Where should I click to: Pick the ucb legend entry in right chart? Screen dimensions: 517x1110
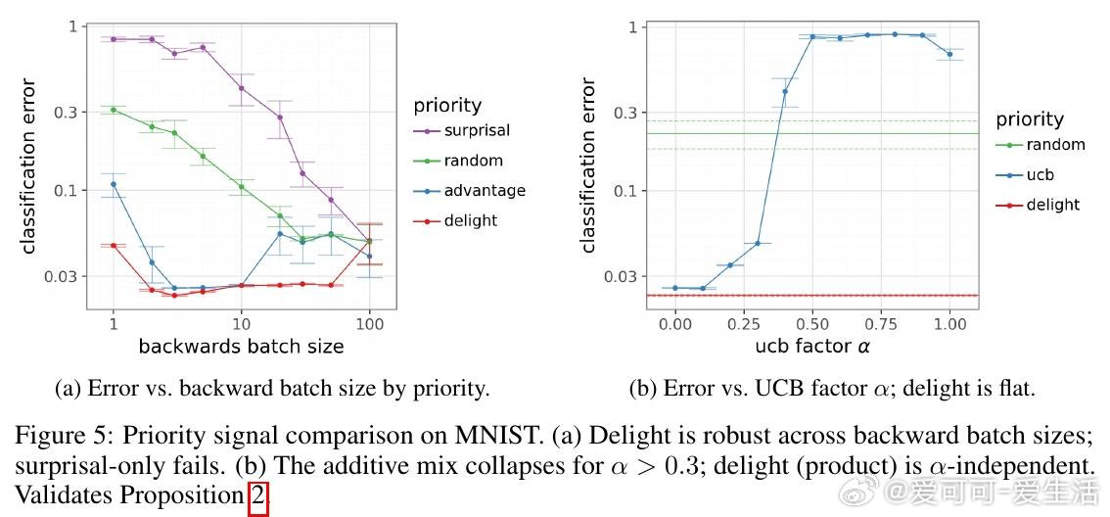[1041, 175]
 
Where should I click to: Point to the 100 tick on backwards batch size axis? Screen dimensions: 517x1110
[369, 323]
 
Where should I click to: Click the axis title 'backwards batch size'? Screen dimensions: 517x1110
[241, 346]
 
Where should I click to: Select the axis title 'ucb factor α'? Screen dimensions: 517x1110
[812, 346]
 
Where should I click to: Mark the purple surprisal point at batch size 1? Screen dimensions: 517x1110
[114, 39]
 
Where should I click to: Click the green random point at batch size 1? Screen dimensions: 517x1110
[114, 110]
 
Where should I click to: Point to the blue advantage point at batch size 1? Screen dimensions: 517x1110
[114, 184]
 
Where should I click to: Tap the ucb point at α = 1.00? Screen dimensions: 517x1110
[949, 54]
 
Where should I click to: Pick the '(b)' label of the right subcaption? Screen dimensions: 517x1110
[643, 389]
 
